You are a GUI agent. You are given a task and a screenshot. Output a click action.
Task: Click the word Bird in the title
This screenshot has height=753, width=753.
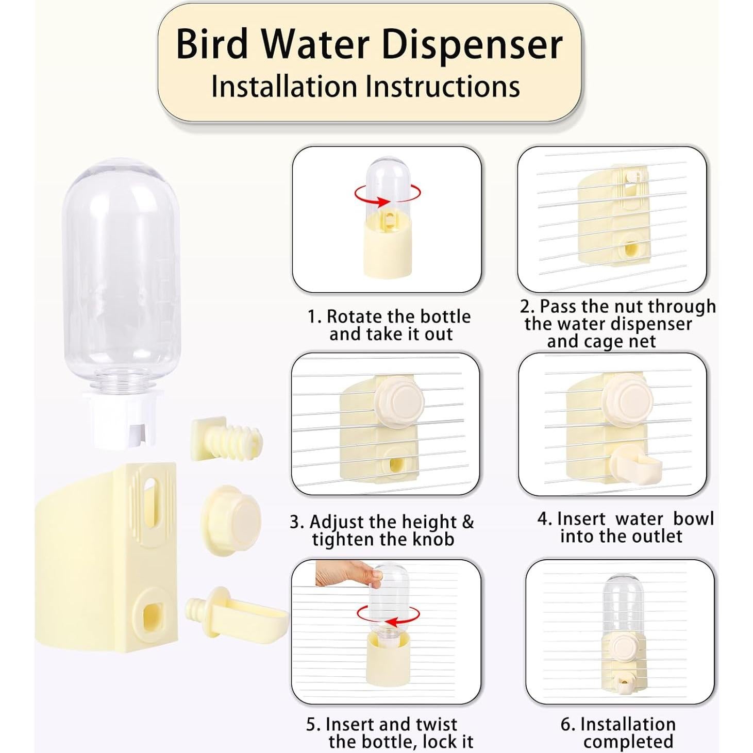[212, 44]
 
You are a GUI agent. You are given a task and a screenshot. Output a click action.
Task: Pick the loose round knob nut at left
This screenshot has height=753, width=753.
[230, 520]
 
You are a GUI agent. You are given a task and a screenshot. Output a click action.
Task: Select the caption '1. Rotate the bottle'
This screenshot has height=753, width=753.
[389, 316]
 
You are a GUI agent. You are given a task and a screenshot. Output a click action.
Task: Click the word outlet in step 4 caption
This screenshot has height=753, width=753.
[655, 536]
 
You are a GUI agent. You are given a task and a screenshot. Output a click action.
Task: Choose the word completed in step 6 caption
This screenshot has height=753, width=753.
[628, 742]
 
